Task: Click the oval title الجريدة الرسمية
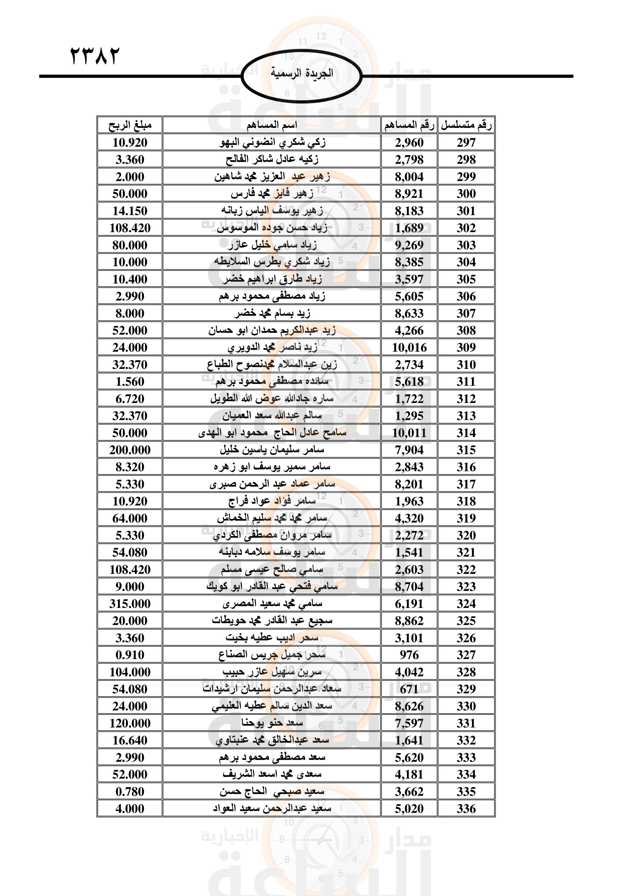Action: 302,74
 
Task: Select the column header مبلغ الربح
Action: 129,125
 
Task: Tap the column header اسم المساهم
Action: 271,125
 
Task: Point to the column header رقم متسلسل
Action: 466,125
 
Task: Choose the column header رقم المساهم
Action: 409,125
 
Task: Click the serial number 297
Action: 466,143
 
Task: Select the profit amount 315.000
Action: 129,604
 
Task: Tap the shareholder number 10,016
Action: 409,348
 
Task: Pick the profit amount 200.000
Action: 129,450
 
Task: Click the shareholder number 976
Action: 409,655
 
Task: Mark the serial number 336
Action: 466,809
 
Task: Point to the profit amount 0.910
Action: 129,655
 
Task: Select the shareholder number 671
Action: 409,689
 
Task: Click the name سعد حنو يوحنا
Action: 271,723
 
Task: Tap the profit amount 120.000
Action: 129,723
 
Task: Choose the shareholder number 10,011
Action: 409,433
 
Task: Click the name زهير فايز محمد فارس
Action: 271,194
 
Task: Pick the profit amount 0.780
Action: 129,791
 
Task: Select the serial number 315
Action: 466,450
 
